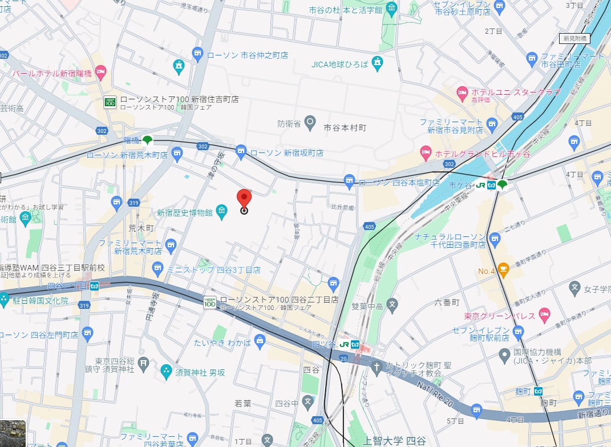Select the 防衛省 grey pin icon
pyautogui.click(x=310, y=121)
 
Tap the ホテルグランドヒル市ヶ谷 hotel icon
pyautogui.click(x=425, y=154)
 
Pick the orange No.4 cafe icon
pyautogui.click(x=503, y=268)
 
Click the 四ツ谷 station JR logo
pyautogui.click(x=344, y=344)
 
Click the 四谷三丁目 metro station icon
pyautogui.click(x=95, y=285)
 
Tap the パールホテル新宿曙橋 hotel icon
pyautogui.click(x=101, y=73)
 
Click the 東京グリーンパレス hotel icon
pyautogui.click(x=545, y=315)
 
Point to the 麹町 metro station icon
pyautogui.click(x=538, y=390)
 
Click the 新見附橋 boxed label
pyautogui.click(x=574, y=38)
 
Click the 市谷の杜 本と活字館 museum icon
pyautogui.click(x=392, y=9)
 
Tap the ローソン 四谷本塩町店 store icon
pyautogui.click(x=350, y=182)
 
